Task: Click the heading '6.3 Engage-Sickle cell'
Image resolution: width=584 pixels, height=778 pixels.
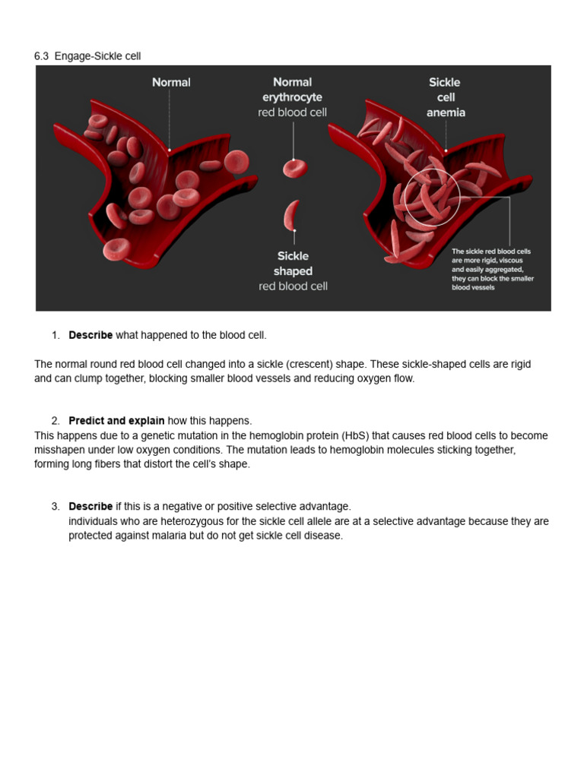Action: click(x=87, y=56)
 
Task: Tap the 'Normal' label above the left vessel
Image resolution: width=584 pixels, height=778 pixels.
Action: click(x=171, y=82)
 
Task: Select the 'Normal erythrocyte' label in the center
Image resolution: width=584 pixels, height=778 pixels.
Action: click(x=292, y=90)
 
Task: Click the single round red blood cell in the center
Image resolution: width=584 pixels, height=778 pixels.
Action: click(x=295, y=168)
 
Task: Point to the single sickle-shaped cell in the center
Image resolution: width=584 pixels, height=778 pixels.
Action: click(x=291, y=215)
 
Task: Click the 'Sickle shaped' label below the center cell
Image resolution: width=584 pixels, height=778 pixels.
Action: click(x=293, y=264)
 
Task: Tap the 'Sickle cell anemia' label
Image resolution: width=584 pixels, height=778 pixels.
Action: click(x=446, y=97)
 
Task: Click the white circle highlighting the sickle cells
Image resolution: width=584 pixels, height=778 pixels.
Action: click(x=432, y=197)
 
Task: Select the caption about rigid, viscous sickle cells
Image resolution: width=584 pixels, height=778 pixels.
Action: click(x=492, y=269)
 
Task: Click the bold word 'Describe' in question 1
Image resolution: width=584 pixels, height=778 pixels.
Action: click(x=90, y=335)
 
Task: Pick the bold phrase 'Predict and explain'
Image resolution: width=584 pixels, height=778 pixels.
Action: click(x=116, y=420)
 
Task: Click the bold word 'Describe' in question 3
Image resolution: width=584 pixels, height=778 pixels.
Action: click(x=90, y=506)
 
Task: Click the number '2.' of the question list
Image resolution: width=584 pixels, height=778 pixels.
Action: click(x=56, y=420)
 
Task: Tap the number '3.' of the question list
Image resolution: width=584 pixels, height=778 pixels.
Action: click(x=56, y=506)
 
